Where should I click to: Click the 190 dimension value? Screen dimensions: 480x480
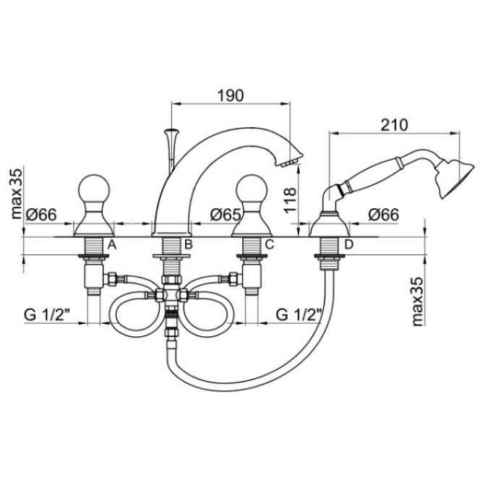click(231, 95)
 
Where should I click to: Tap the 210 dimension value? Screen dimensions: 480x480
click(394, 125)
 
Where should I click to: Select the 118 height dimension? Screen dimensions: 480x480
click(290, 200)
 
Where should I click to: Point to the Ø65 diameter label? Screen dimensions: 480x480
click(226, 215)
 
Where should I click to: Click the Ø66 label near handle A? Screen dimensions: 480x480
click(41, 215)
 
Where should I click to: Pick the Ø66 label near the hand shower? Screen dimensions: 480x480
click(384, 215)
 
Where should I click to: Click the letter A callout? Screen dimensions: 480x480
click(112, 244)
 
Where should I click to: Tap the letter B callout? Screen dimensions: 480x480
click(188, 244)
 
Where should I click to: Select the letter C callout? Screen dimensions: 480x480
click(270, 244)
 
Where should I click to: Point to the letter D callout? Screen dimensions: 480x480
click(348, 244)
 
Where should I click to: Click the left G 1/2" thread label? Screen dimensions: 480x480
click(47, 314)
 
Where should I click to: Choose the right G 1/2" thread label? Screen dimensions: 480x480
click(299, 314)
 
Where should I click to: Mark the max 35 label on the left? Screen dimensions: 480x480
click(17, 194)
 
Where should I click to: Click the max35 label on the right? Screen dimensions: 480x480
click(418, 301)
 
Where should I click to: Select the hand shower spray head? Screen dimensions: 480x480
click(455, 179)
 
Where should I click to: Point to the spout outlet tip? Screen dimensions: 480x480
click(290, 163)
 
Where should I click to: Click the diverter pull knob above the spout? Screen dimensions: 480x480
click(172, 133)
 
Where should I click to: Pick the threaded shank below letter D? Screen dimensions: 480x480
click(328, 246)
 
